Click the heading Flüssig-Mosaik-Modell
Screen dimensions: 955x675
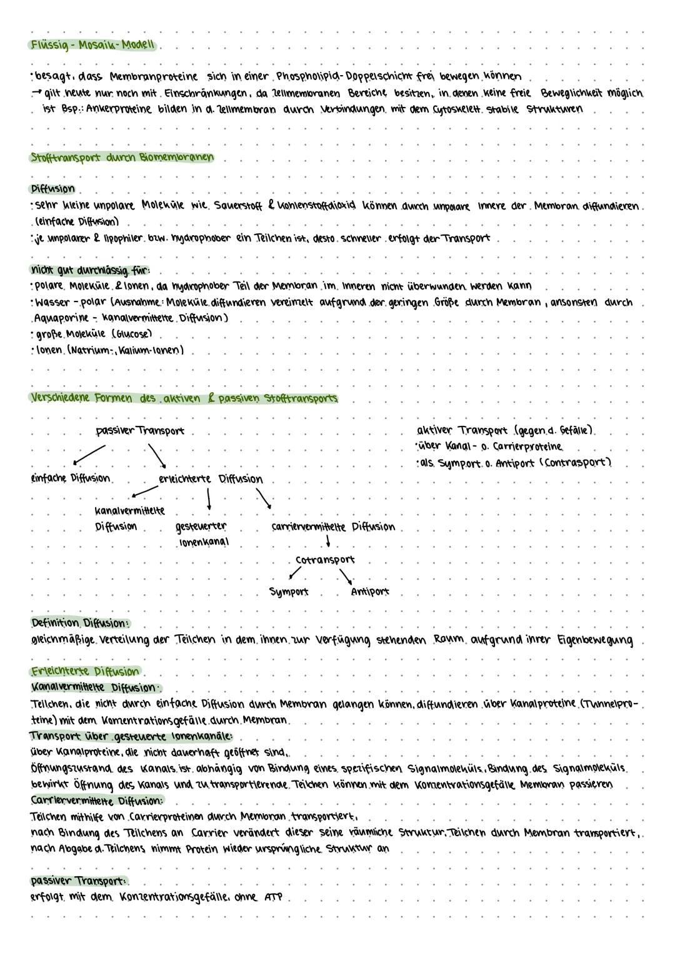click(93, 45)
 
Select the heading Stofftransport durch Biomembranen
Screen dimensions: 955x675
click(121, 158)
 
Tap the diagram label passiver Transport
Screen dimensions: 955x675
click(139, 431)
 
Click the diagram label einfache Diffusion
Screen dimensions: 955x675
click(70, 478)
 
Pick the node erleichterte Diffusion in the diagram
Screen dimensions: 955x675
click(210, 479)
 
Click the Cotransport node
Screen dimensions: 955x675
click(324, 560)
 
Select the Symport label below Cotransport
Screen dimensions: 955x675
click(288, 592)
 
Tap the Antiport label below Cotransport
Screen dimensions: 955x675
click(370, 592)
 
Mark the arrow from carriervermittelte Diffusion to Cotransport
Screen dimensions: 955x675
click(327, 541)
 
